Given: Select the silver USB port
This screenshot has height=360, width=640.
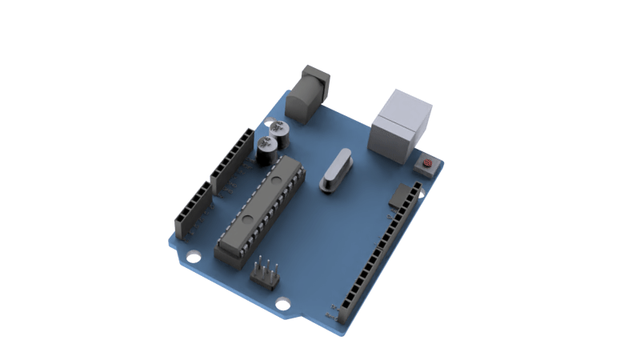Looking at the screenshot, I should click(x=400, y=126).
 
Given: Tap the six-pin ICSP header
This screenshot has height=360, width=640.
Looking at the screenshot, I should click(x=265, y=274).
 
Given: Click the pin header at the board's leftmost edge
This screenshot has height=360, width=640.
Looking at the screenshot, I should click(x=192, y=210).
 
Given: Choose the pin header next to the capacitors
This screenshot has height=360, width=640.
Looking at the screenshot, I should click(x=231, y=160).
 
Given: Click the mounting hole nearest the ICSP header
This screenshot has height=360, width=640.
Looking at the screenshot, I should click(x=282, y=304).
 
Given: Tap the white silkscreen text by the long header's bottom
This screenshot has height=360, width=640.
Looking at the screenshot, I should click(x=330, y=312).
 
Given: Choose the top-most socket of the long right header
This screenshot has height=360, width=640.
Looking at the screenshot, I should click(x=416, y=186).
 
